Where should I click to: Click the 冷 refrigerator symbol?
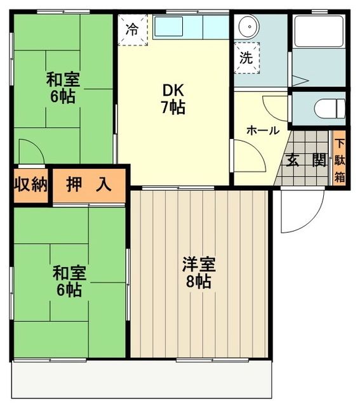click(132, 29)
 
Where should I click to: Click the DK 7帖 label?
click(172, 99)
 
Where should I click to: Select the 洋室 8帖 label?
click(199, 272)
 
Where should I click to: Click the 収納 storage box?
click(31, 185)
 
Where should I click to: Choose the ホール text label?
click(262, 131)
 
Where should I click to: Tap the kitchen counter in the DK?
click(190, 27)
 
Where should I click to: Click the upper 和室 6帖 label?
click(62, 89)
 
